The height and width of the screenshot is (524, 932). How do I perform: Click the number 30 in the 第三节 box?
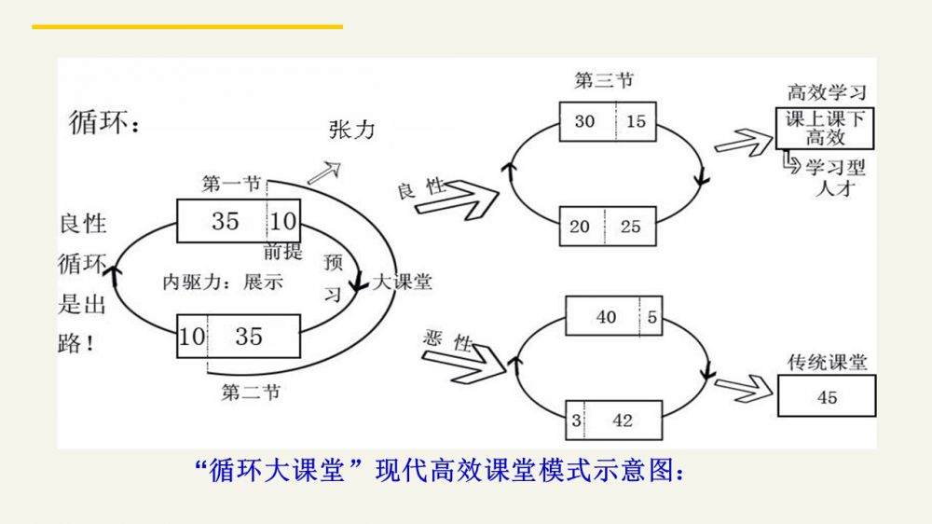coord(584,121)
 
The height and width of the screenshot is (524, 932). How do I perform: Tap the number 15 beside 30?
coord(636,121)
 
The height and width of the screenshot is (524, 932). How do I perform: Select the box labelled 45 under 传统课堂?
coord(826,397)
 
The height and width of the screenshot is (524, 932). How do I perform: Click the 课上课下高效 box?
coord(825,128)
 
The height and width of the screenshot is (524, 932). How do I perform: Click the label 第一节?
coord(230,185)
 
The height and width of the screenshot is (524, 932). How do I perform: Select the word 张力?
coord(351,130)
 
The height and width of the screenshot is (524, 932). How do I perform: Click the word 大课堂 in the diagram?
coord(403,282)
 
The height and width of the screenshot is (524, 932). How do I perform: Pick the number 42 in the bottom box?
coord(623,421)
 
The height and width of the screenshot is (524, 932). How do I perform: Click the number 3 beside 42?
coord(577,421)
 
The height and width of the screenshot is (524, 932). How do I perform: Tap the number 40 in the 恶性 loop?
coord(606,317)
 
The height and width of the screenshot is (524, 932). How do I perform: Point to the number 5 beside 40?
coord(652,317)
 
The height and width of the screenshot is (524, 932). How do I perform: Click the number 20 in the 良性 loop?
coord(580,227)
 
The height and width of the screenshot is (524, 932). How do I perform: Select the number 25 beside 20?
coord(631,227)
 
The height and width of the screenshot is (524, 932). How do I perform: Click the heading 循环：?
coord(104,123)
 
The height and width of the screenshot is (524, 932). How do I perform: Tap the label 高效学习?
coord(827,93)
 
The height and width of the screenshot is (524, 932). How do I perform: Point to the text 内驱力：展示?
coord(223,282)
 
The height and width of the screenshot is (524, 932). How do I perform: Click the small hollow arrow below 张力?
coord(324,172)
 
